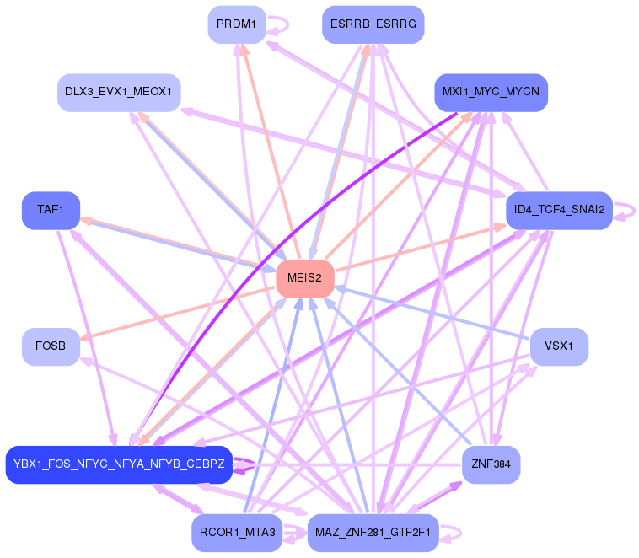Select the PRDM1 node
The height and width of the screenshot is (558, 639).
click(x=237, y=24)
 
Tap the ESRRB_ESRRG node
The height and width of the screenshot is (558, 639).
click(x=373, y=24)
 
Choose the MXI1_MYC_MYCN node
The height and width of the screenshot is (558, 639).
click(x=491, y=92)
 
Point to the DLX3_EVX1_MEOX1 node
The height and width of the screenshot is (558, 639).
click(x=119, y=92)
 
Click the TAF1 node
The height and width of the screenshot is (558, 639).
click(x=51, y=210)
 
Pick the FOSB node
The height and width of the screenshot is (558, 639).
click(x=51, y=346)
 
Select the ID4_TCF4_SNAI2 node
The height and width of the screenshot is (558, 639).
click(x=559, y=210)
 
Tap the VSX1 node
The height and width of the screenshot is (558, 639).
click(x=559, y=346)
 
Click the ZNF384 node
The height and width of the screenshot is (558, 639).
click(x=491, y=464)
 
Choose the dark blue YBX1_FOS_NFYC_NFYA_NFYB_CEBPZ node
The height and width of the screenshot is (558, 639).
click(x=119, y=464)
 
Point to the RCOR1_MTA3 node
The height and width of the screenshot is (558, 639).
click(x=237, y=533)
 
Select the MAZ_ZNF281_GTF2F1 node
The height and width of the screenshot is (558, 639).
click(x=373, y=533)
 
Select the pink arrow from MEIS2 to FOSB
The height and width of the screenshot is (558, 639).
click(x=177, y=313)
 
